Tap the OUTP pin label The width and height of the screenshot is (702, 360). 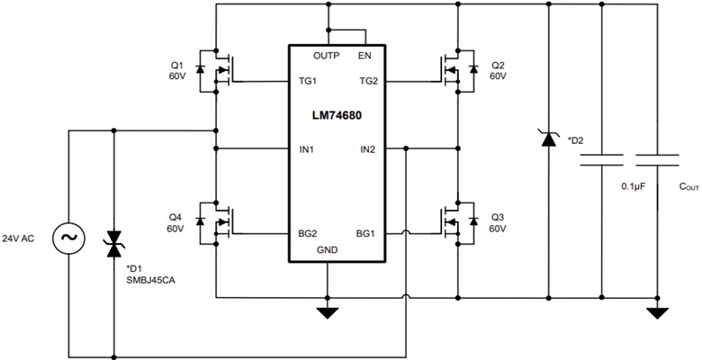tap(326, 56)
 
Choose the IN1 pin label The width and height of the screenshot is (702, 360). tap(307, 148)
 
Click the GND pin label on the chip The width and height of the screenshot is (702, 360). tap(328, 250)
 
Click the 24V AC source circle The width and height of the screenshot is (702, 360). tap(69, 238)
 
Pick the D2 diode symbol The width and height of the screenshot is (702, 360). tap(547, 139)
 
